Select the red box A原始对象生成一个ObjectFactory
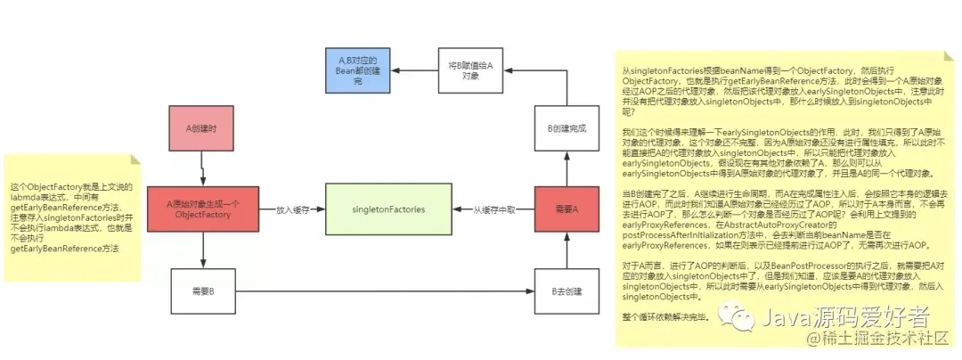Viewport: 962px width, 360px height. (204, 209)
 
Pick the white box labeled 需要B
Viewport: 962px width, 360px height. (204, 291)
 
